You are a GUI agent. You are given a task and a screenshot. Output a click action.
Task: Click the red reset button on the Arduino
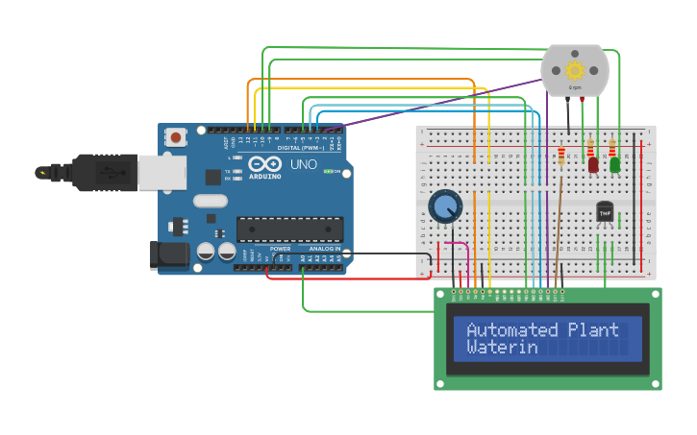click(x=176, y=137)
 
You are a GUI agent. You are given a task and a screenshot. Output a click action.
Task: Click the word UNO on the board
click(x=304, y=164)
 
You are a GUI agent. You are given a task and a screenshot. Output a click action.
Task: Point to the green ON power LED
click(x=328, y=172)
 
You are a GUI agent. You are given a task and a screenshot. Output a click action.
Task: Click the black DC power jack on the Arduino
click(x=167, y=254)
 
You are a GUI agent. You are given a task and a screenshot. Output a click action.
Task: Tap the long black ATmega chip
click(x=289, y=229)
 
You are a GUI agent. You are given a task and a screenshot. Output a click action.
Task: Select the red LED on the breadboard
click(x=593, y=164)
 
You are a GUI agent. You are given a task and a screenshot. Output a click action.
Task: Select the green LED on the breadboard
click(x=614, y=164)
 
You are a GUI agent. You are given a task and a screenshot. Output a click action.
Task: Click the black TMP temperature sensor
click(x=605, y=210)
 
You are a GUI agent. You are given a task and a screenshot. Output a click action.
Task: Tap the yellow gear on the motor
click(x=575, y=70)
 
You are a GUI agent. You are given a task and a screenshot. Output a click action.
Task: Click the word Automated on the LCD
click(x=511, y=329)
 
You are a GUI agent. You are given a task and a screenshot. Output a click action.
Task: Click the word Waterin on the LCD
click(x=502, y=348)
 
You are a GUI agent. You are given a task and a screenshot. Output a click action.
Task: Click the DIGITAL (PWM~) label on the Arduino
click(x=298, y=148)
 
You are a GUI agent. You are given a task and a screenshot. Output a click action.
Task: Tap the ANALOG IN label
click(x=324, y=249)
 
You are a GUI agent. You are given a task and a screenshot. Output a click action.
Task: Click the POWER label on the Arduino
click(x=280, y=249)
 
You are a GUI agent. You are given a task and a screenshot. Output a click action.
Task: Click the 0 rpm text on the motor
click(x=575, y=87)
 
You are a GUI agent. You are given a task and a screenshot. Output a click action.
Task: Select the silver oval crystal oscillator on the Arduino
click(x=210, y=201)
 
